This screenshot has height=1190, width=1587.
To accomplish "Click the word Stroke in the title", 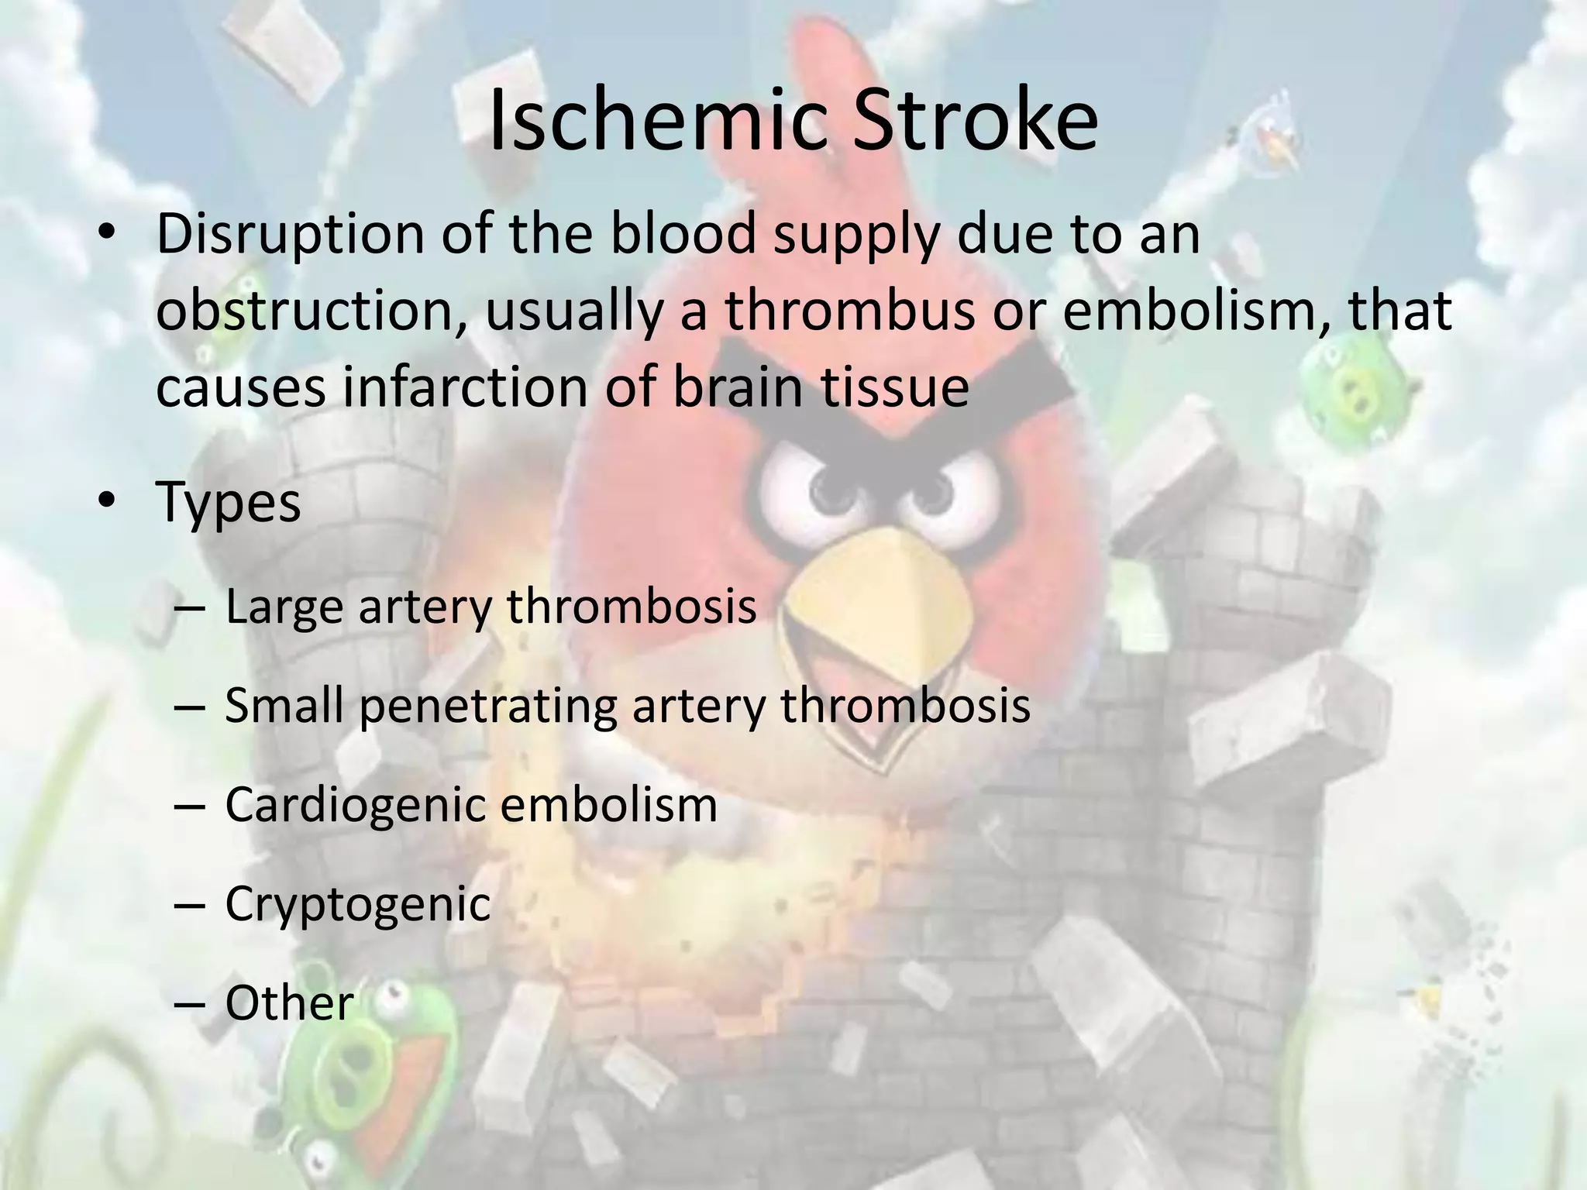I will point(976,121).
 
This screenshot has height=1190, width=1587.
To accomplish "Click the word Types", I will point(228,502).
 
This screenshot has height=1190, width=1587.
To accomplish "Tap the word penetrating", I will point(488,707).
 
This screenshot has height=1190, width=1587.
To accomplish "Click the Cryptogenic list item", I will point(357,904).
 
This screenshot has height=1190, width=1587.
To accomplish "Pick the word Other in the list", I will point(289,1003).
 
